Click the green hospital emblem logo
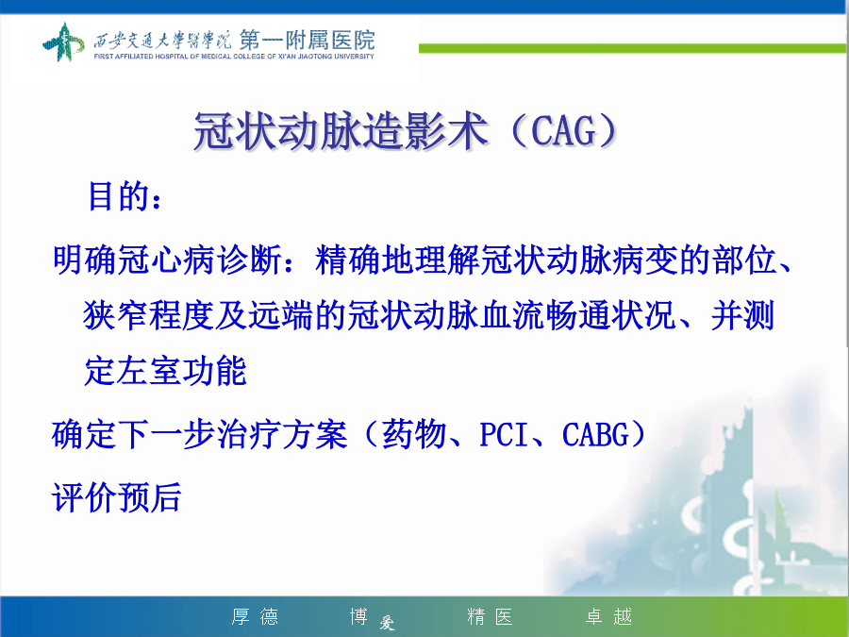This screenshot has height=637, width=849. coord(63,42)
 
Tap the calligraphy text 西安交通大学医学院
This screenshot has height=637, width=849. coord(162,40)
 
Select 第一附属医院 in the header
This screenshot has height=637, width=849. coord(307,40)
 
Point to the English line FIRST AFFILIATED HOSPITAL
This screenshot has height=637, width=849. coord(234,57)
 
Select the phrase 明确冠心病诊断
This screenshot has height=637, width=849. coord(167,260)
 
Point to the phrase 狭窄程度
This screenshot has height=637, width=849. coord(148,315)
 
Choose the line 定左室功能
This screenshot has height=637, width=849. coord(165,371)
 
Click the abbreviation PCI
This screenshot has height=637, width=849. coord(504,435)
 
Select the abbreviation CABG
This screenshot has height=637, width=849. coord(595,435)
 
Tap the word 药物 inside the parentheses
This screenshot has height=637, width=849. coord(414,434)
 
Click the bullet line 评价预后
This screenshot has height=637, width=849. coord(116,497)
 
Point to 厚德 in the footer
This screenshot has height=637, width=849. coord(255,616)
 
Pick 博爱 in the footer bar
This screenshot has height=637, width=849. coord(373,618)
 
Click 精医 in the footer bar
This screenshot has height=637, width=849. coord(490,616)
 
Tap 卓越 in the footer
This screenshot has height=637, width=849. coord(608,616)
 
